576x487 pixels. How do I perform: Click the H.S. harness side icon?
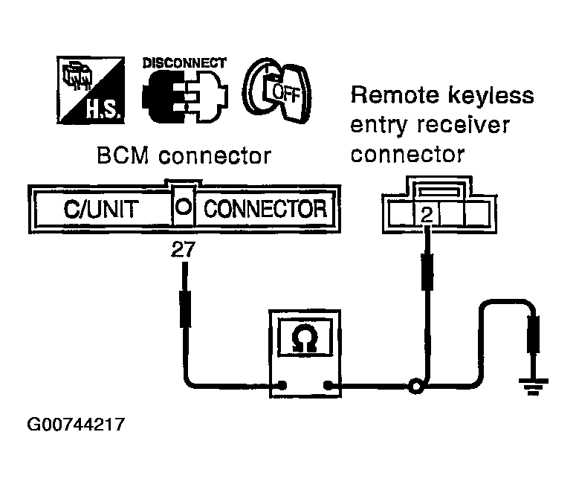(x=91, y=90)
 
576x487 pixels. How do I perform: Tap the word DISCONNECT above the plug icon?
(x=184, y=63)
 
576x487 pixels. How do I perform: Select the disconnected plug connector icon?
(x=185, y=97)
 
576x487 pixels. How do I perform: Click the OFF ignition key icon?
(x=277, y=91)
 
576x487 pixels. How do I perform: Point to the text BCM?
(x=123, y=155)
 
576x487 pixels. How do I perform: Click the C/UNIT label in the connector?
(x=100, y=209)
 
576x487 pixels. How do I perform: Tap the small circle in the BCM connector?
(x=184, y=207)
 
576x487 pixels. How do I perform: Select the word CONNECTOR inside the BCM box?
(x=265, y=209)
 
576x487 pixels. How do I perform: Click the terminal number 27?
(x=184, y=250)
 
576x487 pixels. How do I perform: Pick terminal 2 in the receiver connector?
(x=427, y=214)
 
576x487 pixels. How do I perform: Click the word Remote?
(x=395, y=95)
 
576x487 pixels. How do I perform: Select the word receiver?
(x=463, y=125)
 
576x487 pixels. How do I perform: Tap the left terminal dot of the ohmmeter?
(x=282, y=386)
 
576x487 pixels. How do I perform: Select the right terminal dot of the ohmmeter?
(x=328, y=386)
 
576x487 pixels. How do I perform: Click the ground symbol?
(x=534, y=387)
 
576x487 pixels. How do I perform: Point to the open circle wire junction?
(x=416, y=387)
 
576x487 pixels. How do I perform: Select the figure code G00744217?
(x=76, y=425)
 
